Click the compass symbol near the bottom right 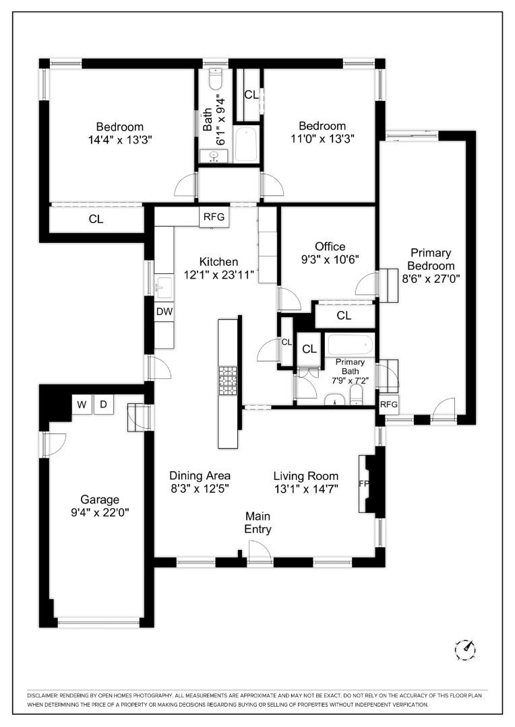click(x=466, y=649)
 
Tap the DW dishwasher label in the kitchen click(x=164, y=312)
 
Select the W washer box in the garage click(x=82, y=405)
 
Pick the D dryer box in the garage click(x=104, y=405)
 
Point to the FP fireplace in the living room click(x=365, y=484)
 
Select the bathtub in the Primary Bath click(x=350, y=345)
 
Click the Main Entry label click(x=257, y=522)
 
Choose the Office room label click(x=330, y=246)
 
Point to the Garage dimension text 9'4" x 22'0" click(x=100, y=512)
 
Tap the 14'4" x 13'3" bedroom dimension click(x=119, y=139)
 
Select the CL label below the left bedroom click(x=96, y=219)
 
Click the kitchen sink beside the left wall click(x=164, y=287)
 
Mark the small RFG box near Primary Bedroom click(x=389, y=405)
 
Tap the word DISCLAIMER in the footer click(x=44, y=695)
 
